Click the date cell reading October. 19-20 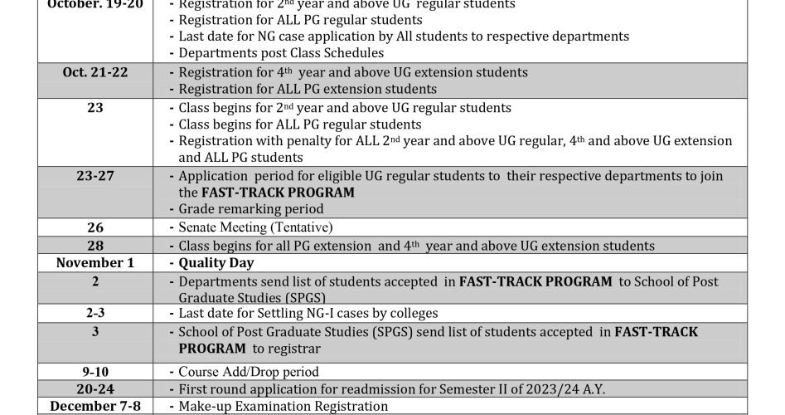95,5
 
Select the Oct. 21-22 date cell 95,72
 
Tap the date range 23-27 95,176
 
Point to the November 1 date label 95,263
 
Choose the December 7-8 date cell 95,406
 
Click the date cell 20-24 95,388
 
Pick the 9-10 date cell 95,372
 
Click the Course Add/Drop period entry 249,372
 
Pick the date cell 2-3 95,313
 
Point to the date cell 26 95,227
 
